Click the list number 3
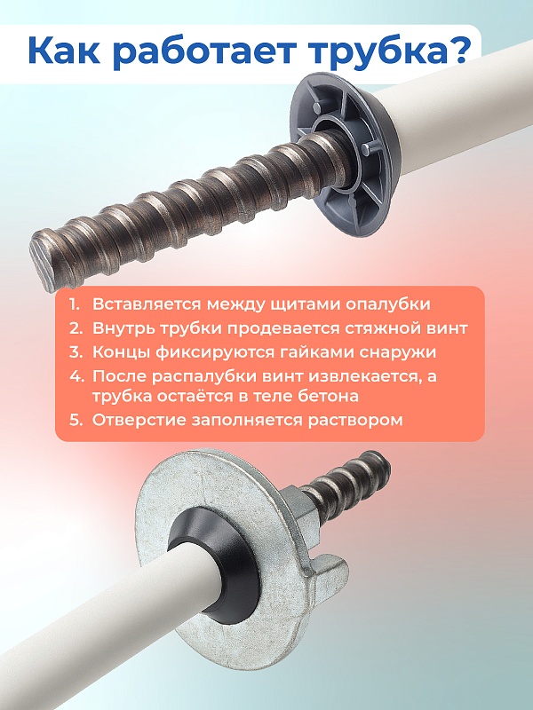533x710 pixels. (x=76, y=352)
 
